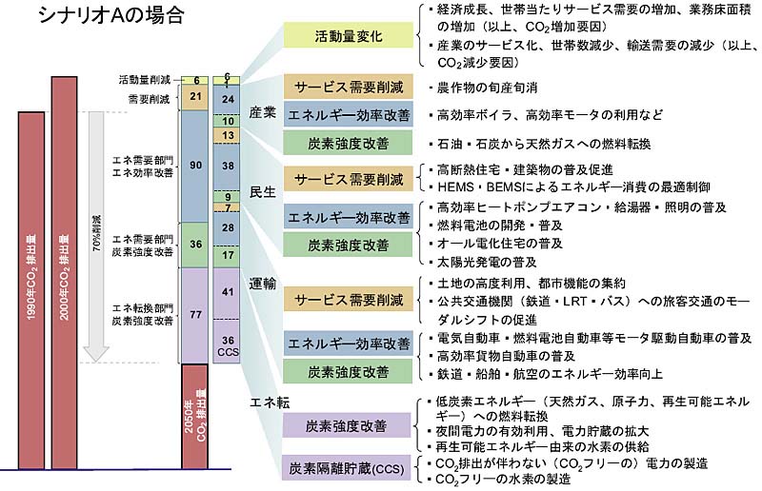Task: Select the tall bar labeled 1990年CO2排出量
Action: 31,285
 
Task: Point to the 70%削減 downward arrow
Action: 94,238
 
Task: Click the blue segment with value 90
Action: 194,166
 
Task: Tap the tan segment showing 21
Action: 194,97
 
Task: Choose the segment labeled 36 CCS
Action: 228,344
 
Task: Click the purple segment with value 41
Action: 228,292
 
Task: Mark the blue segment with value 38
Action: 228,166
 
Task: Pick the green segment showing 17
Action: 228,255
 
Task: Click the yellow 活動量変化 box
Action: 351,38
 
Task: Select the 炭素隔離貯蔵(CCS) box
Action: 350,467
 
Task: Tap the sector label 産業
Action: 263,112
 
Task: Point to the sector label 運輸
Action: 263,284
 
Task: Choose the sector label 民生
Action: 263,190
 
